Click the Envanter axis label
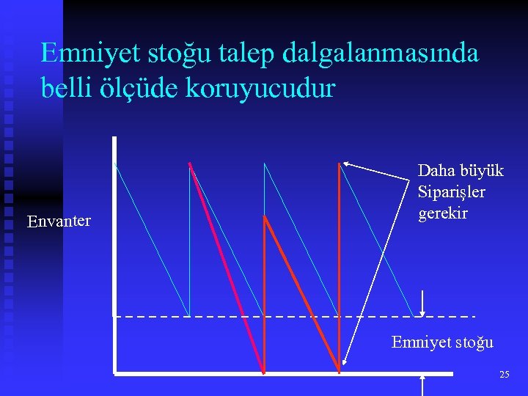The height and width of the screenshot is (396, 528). coord(59,221)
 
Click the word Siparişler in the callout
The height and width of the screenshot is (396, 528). coord(451,192)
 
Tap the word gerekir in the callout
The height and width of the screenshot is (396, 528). coord(442,213)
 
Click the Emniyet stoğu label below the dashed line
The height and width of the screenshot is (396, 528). coord(442,342)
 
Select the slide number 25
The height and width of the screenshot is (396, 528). coord(505,375)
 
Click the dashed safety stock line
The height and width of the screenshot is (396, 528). coord(293,316)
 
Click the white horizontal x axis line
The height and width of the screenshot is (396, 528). coord(282,373)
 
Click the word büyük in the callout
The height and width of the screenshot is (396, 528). coord(482,171)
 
